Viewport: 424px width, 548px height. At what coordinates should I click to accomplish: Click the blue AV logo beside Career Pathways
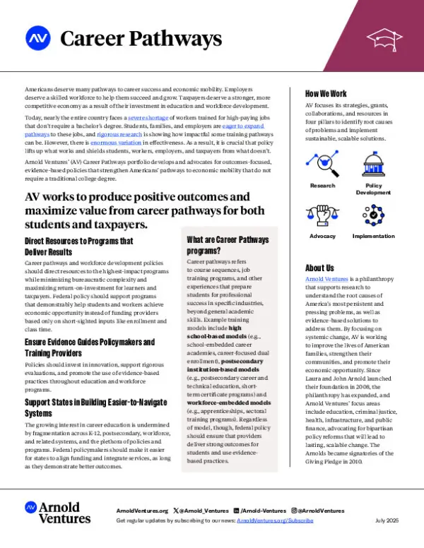pyautogui.click(x=37, y=36)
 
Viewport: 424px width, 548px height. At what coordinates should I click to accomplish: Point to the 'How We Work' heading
pyautogui.click(x=326, y=93)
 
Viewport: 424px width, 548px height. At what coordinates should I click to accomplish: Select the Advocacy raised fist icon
pyautogui.click(x=322, y=215)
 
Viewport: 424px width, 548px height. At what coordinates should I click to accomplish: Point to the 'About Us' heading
pyautogui.click(x=319, y=268)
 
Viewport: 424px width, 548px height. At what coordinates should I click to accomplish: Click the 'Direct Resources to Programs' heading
pyautogui.click(x=78, y=245)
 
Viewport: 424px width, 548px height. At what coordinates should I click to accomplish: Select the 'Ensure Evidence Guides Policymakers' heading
pyautogui.click(x=89, y=347)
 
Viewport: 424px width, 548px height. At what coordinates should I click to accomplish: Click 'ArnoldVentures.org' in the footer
pyautogui.click(x=142, y=510)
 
